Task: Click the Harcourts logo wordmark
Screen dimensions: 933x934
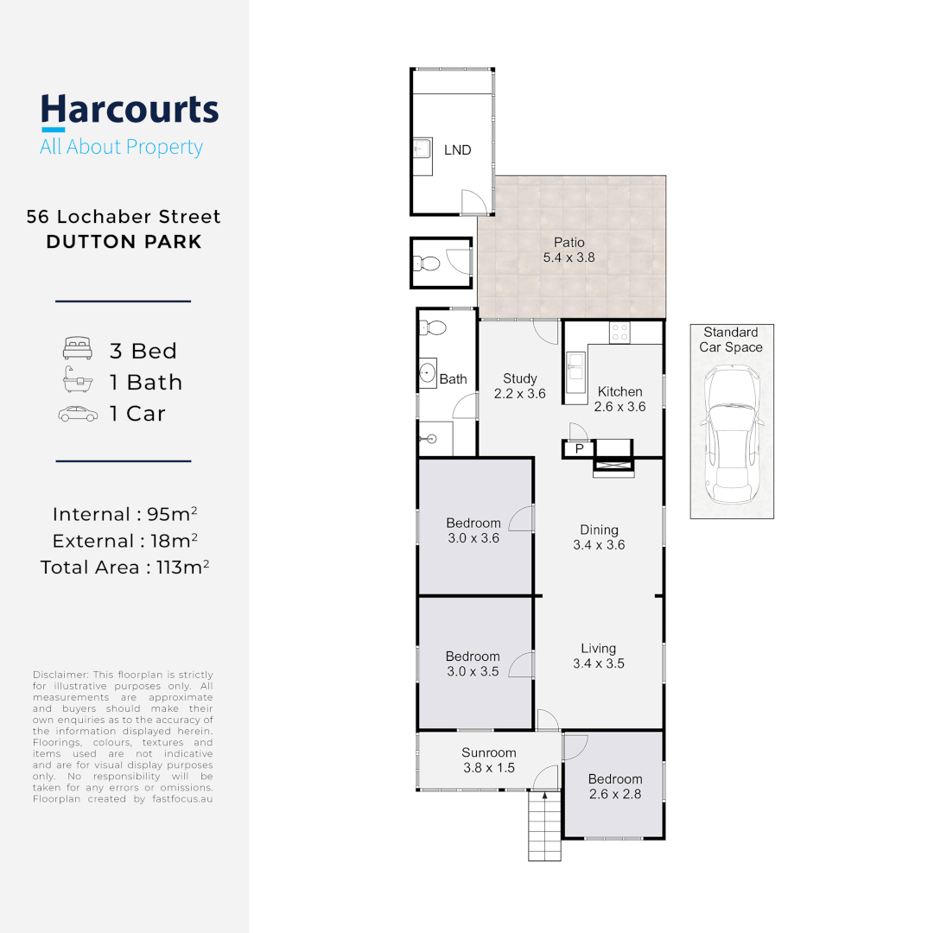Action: (x=130, y=111)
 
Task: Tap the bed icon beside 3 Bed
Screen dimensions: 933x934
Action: (x=78, y=351)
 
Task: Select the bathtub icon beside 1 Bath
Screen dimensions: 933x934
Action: (x=78, y=382)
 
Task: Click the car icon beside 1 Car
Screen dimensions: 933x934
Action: (x=78, y=414)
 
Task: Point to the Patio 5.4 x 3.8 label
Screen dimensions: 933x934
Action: (x=569, y=251)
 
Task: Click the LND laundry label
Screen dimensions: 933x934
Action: (x=457, y=150)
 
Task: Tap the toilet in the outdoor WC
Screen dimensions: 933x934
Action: (x=424, y=263)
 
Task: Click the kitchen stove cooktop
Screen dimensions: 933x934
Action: (x=619, y=332)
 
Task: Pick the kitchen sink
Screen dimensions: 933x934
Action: (x=575, y=376)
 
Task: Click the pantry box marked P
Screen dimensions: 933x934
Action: (x=579, y=448)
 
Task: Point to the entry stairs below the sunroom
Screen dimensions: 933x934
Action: (x=544, y=826)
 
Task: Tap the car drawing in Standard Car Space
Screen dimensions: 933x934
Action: (x=732, y=435)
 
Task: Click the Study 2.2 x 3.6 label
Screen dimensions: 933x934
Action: (x=520, y=386)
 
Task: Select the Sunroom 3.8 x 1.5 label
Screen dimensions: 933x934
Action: (x=488, y=759)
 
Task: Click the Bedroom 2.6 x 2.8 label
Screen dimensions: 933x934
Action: (x=615, y=786)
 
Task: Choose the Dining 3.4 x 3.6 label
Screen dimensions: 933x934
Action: (x=599, y=537)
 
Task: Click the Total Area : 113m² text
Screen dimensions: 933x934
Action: (x=124, y=568)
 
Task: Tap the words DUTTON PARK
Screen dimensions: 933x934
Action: (x=124, y=242)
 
